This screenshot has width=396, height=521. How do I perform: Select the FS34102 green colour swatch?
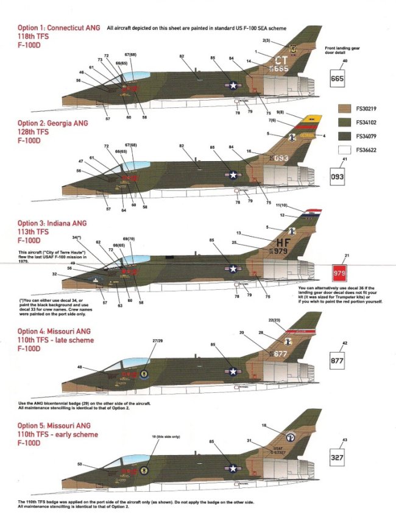pyautogui.click(x=345, y=121)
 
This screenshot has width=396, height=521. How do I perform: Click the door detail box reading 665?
pyautogui.click(x=338, y=78)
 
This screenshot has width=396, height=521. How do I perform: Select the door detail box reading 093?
pyautogui.click(x=338, y=178)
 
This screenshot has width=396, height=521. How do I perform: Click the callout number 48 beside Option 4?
pyautogui.click(x=80, y=367)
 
